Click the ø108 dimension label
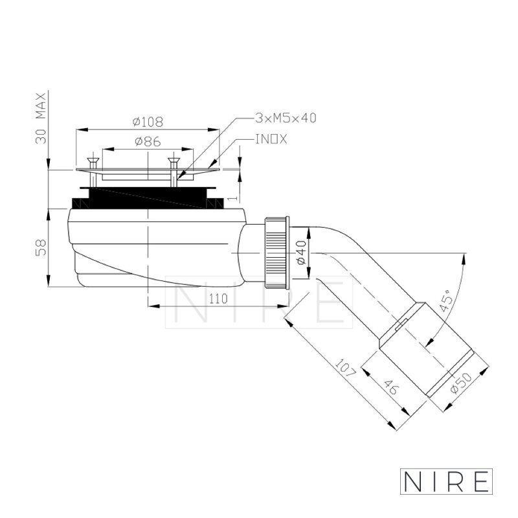click(x=148, y=122)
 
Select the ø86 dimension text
click(x=148, y=141)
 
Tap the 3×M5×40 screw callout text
click(x=286, y=118)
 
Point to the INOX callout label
click(x=271, y=139)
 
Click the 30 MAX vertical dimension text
click(x=41, y=118)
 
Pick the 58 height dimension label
click(x=41, y=247)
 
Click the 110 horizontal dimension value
click(x=218, y=299)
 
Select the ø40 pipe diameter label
click(x=302, y=253)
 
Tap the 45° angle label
click(x=446, y=300)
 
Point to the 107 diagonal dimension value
click(x=346, y=368)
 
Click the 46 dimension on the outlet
click(x=392, y=387)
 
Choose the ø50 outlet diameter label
click(x=462, y=383)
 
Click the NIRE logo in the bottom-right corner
click(x=446, y=481)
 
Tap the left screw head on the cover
click(x=93, y=161)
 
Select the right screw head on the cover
click(x=174, y=161)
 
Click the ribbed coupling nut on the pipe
click(x=277, y=253)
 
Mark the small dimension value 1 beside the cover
click(x=232, y=199)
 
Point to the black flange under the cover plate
click(x=148, y=198)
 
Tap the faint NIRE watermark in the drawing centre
click(x=259, y=302)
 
